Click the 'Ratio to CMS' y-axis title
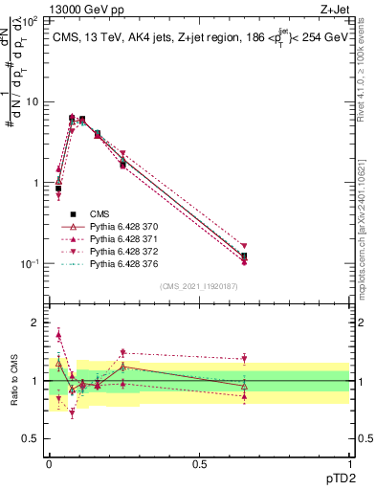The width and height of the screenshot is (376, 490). [x=15, y=381]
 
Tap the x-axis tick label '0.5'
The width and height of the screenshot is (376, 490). [x=199, y=463]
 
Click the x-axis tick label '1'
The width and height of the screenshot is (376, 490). [x=348, y=463]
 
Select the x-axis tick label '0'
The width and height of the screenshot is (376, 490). [x=49, y=463]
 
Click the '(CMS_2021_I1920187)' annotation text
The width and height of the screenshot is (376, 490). [x=199, y=286]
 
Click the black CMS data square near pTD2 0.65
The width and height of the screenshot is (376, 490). [x=244, y=256]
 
